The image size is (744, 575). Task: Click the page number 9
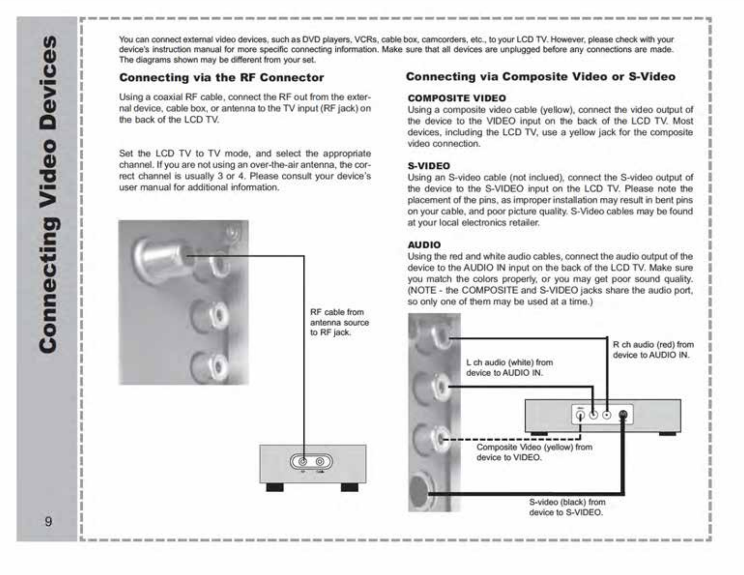coord(49,521)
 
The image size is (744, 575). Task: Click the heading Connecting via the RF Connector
coord(221,78)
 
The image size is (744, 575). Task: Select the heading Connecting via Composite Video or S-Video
coord(541,77)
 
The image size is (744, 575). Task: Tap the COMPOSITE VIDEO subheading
coord(457,98)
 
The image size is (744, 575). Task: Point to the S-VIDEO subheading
coord(429,166)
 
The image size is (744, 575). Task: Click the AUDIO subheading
coord(424,245)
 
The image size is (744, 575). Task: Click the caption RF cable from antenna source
coord(339,322)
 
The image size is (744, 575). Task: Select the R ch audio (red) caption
coord(653,350)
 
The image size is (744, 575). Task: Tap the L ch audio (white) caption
coord(510,367)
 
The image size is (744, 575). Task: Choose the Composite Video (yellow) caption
coord(534,452)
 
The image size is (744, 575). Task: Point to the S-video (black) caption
coord(567,507)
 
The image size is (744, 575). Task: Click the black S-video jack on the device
coord(623,415)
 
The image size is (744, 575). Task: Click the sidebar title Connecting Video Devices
coord(48,194)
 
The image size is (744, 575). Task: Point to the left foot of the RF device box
coord(275,487)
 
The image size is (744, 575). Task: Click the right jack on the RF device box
coord(320,462)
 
